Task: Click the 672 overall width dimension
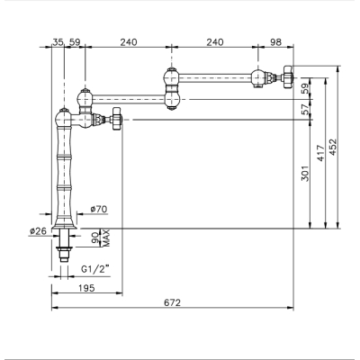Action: (173, 302)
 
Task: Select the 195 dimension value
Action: (86, 288)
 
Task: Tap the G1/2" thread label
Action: (94, 269)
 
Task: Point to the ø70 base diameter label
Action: (98, 209)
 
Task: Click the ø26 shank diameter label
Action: (38, 231)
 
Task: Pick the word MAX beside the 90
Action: (106, 238)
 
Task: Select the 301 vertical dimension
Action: (305, 174)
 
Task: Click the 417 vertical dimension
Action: (320, 153)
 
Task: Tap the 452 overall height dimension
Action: (333, 147)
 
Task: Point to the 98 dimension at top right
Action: (275, 42)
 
